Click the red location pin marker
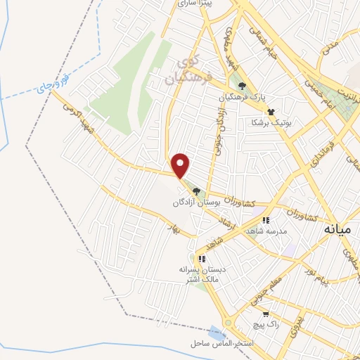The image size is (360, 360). [181, 165]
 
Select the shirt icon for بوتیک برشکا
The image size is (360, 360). [270, 112]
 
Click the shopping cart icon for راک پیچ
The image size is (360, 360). [266, 314]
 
